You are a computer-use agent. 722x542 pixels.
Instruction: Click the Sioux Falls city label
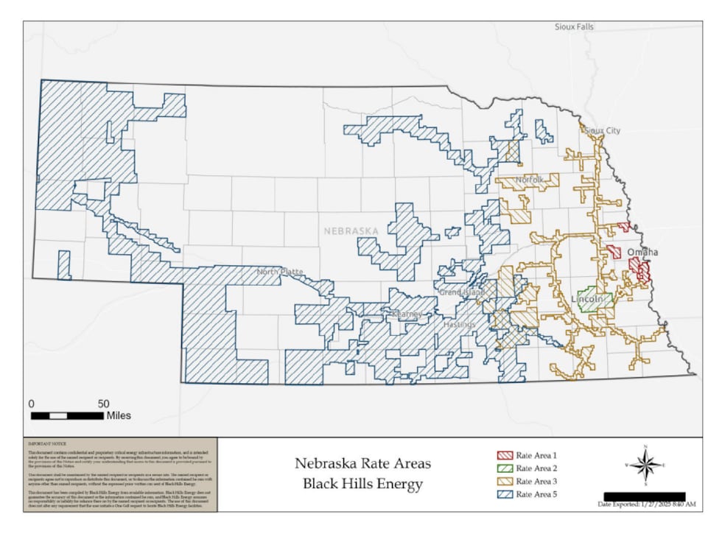574,27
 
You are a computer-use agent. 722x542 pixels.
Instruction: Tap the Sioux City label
602,130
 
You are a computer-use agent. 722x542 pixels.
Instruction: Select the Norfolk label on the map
529,180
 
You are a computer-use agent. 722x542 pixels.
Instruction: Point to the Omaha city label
642,253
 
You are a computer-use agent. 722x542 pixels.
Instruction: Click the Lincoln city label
587,300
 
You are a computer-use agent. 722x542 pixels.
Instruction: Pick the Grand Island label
461,292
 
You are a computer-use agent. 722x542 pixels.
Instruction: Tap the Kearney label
406,314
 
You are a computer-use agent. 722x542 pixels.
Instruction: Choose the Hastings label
460,324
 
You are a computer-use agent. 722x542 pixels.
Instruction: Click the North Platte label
279,272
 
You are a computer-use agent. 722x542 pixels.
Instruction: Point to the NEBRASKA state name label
351,230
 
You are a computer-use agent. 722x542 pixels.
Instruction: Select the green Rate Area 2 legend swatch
505,468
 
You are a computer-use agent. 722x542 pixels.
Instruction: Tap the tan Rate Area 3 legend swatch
505,481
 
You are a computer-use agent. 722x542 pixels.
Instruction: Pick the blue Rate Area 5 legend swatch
505,493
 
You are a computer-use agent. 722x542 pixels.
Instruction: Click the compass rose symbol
645,465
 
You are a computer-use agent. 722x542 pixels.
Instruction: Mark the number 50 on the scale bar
103,404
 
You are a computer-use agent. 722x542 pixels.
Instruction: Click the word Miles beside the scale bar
119,416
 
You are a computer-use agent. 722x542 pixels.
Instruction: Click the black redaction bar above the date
644,496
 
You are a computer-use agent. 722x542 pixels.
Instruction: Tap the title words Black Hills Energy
362,484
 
